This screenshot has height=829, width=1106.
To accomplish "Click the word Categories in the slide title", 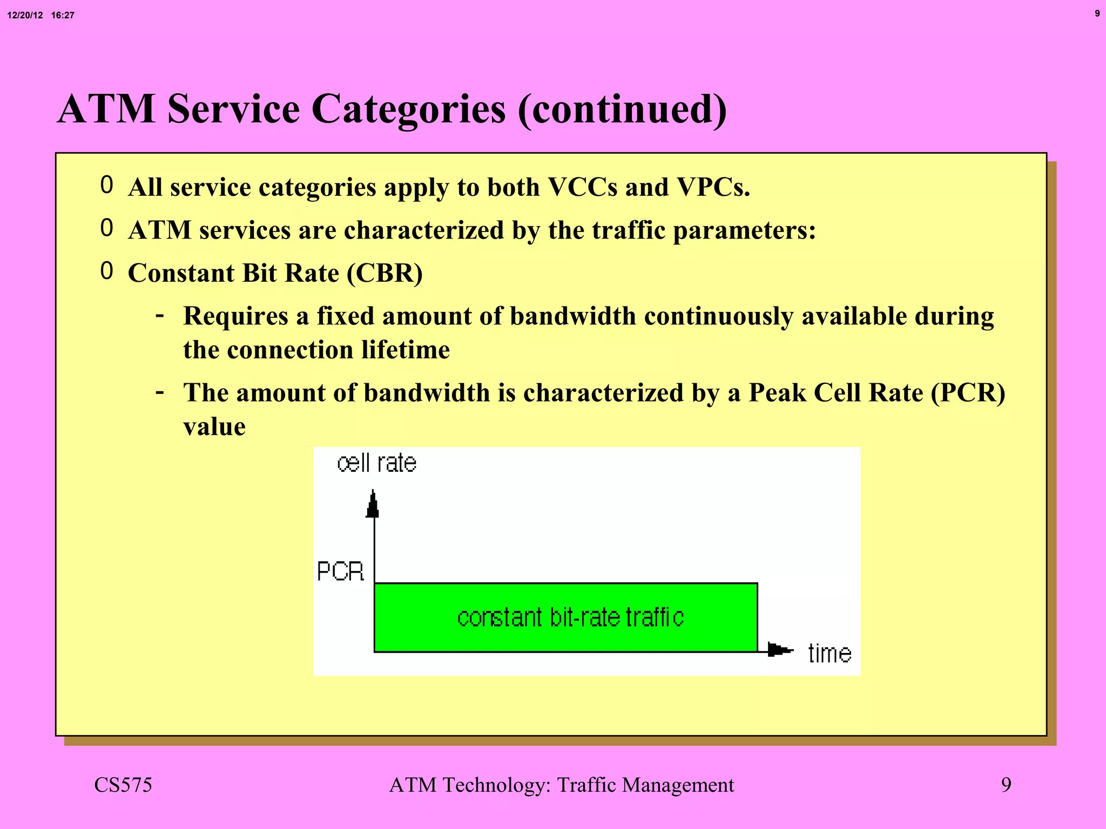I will pyautogui.click(x=409, y=110).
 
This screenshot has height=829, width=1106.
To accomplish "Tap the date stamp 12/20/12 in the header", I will pyautogui.click(x=25, y=16).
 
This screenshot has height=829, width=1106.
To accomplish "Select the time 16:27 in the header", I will pyautogui.click(x=63, y=16).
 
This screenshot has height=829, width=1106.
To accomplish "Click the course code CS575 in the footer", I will pyautogui.click(x=123, y=785).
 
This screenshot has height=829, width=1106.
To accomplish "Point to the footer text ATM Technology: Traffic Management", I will pyautogui.click(x=561, y=785).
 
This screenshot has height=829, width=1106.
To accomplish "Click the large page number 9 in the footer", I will pyautogui.click(x=1006, y=785).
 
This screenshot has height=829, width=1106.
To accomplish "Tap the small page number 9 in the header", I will pyautogui.click(x=1097, y=13).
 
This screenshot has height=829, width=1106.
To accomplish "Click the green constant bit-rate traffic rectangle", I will pyautogui.click(x=565, y=617).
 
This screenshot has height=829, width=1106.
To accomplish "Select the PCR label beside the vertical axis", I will pyautogui.click(x=340, y=572).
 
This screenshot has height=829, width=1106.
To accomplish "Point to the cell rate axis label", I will pyautogui.click(x=376, y=463).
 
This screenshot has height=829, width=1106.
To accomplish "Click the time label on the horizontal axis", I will pyautogui.click(x=829, y=654).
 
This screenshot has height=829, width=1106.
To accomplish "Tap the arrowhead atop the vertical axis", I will pyautogui.click(x=373, y=504).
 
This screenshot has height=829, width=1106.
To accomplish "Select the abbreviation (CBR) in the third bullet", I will pyautogui.click(x=385, y=273).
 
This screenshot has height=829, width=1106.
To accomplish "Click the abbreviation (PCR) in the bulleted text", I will pyautogui.click(x=968, y=393).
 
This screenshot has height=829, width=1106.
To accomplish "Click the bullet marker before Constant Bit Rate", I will pyautogui.click(x=106, y=271).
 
